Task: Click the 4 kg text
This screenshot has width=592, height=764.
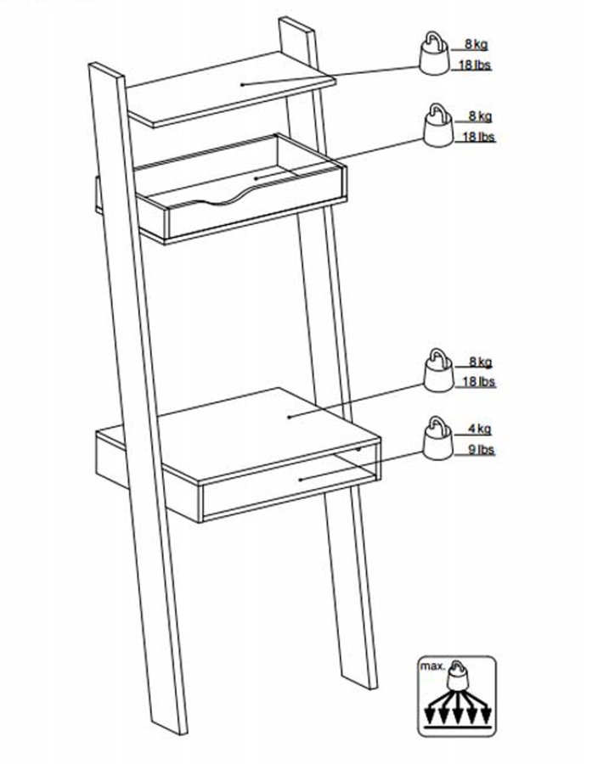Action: click(479, 430)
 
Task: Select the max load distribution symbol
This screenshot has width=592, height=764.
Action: click(457, 696)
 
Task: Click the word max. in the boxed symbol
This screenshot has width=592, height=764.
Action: click(432, 667)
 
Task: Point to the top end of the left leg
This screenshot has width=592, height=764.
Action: click(107, 70)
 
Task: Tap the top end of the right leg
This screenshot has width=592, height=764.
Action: click(294, 24)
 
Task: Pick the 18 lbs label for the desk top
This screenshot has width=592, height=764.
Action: click(479, 383)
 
